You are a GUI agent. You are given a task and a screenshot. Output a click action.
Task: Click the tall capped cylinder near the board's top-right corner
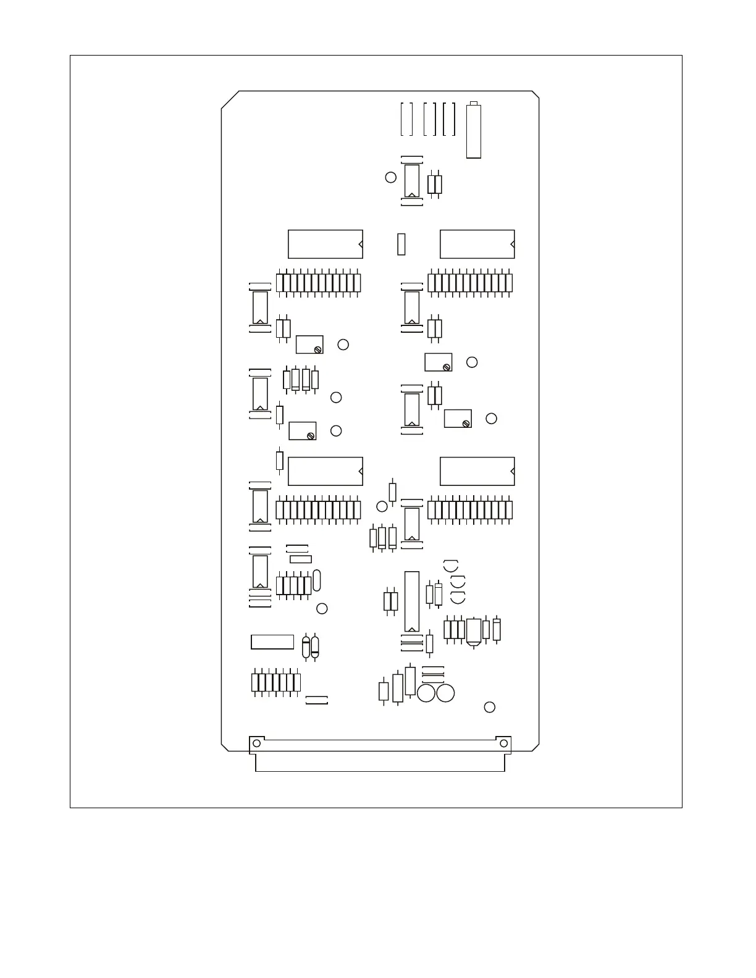473,130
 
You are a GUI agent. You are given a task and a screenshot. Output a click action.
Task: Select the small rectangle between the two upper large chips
401,244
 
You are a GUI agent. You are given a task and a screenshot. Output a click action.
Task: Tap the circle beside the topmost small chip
390,177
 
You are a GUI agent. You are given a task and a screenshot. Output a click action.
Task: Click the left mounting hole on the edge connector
256,743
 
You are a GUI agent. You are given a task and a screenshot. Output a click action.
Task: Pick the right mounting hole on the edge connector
503,743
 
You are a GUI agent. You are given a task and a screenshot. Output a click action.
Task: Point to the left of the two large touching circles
426,693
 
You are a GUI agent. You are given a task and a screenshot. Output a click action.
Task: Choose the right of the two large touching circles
445,693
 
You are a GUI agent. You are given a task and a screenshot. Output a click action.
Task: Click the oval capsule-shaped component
317,580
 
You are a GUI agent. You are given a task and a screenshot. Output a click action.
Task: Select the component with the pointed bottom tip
474,633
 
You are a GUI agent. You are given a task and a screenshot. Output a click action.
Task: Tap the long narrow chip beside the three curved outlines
411,601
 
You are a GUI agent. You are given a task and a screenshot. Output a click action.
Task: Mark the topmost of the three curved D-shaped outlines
451,565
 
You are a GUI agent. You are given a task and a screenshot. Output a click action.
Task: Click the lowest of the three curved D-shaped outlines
458,597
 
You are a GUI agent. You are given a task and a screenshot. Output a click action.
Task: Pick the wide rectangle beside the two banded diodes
272,642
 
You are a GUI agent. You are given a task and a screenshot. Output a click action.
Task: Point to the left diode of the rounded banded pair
306,647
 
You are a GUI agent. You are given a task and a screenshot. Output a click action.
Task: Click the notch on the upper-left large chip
361,244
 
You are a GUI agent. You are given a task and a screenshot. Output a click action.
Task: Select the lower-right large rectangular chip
477,471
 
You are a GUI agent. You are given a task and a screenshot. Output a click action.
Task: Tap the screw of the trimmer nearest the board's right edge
466,423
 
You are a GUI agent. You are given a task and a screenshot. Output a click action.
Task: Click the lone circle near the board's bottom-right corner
489,707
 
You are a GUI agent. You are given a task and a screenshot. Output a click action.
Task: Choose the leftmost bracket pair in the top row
406,119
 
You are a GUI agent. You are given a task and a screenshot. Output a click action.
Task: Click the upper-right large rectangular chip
477,244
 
